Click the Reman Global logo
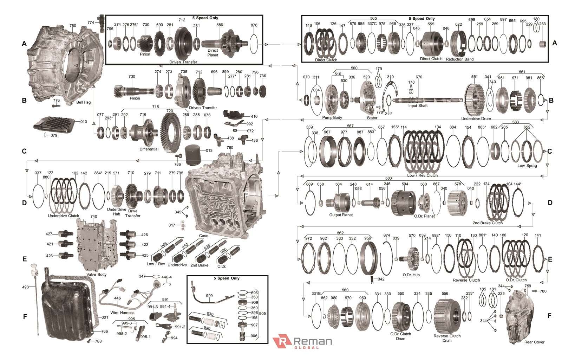coord(302,342)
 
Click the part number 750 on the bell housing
coord(73,26)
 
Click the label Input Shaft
coord(418,105)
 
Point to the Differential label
coord(149,149)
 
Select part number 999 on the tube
coord(209,296)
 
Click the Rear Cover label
coord(534,342)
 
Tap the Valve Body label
coord(96,275)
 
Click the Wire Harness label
coord(122,313)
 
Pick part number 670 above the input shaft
coord(419,77)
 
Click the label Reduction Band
coord(459,59)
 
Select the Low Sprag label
coord(527,166)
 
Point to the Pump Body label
coord(332,117)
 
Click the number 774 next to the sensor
coord(91,22)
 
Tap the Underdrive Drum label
coord(476,118)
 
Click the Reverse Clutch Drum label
coord(447,338)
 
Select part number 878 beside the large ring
coord(254,25)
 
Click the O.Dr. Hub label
coord(411,275)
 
